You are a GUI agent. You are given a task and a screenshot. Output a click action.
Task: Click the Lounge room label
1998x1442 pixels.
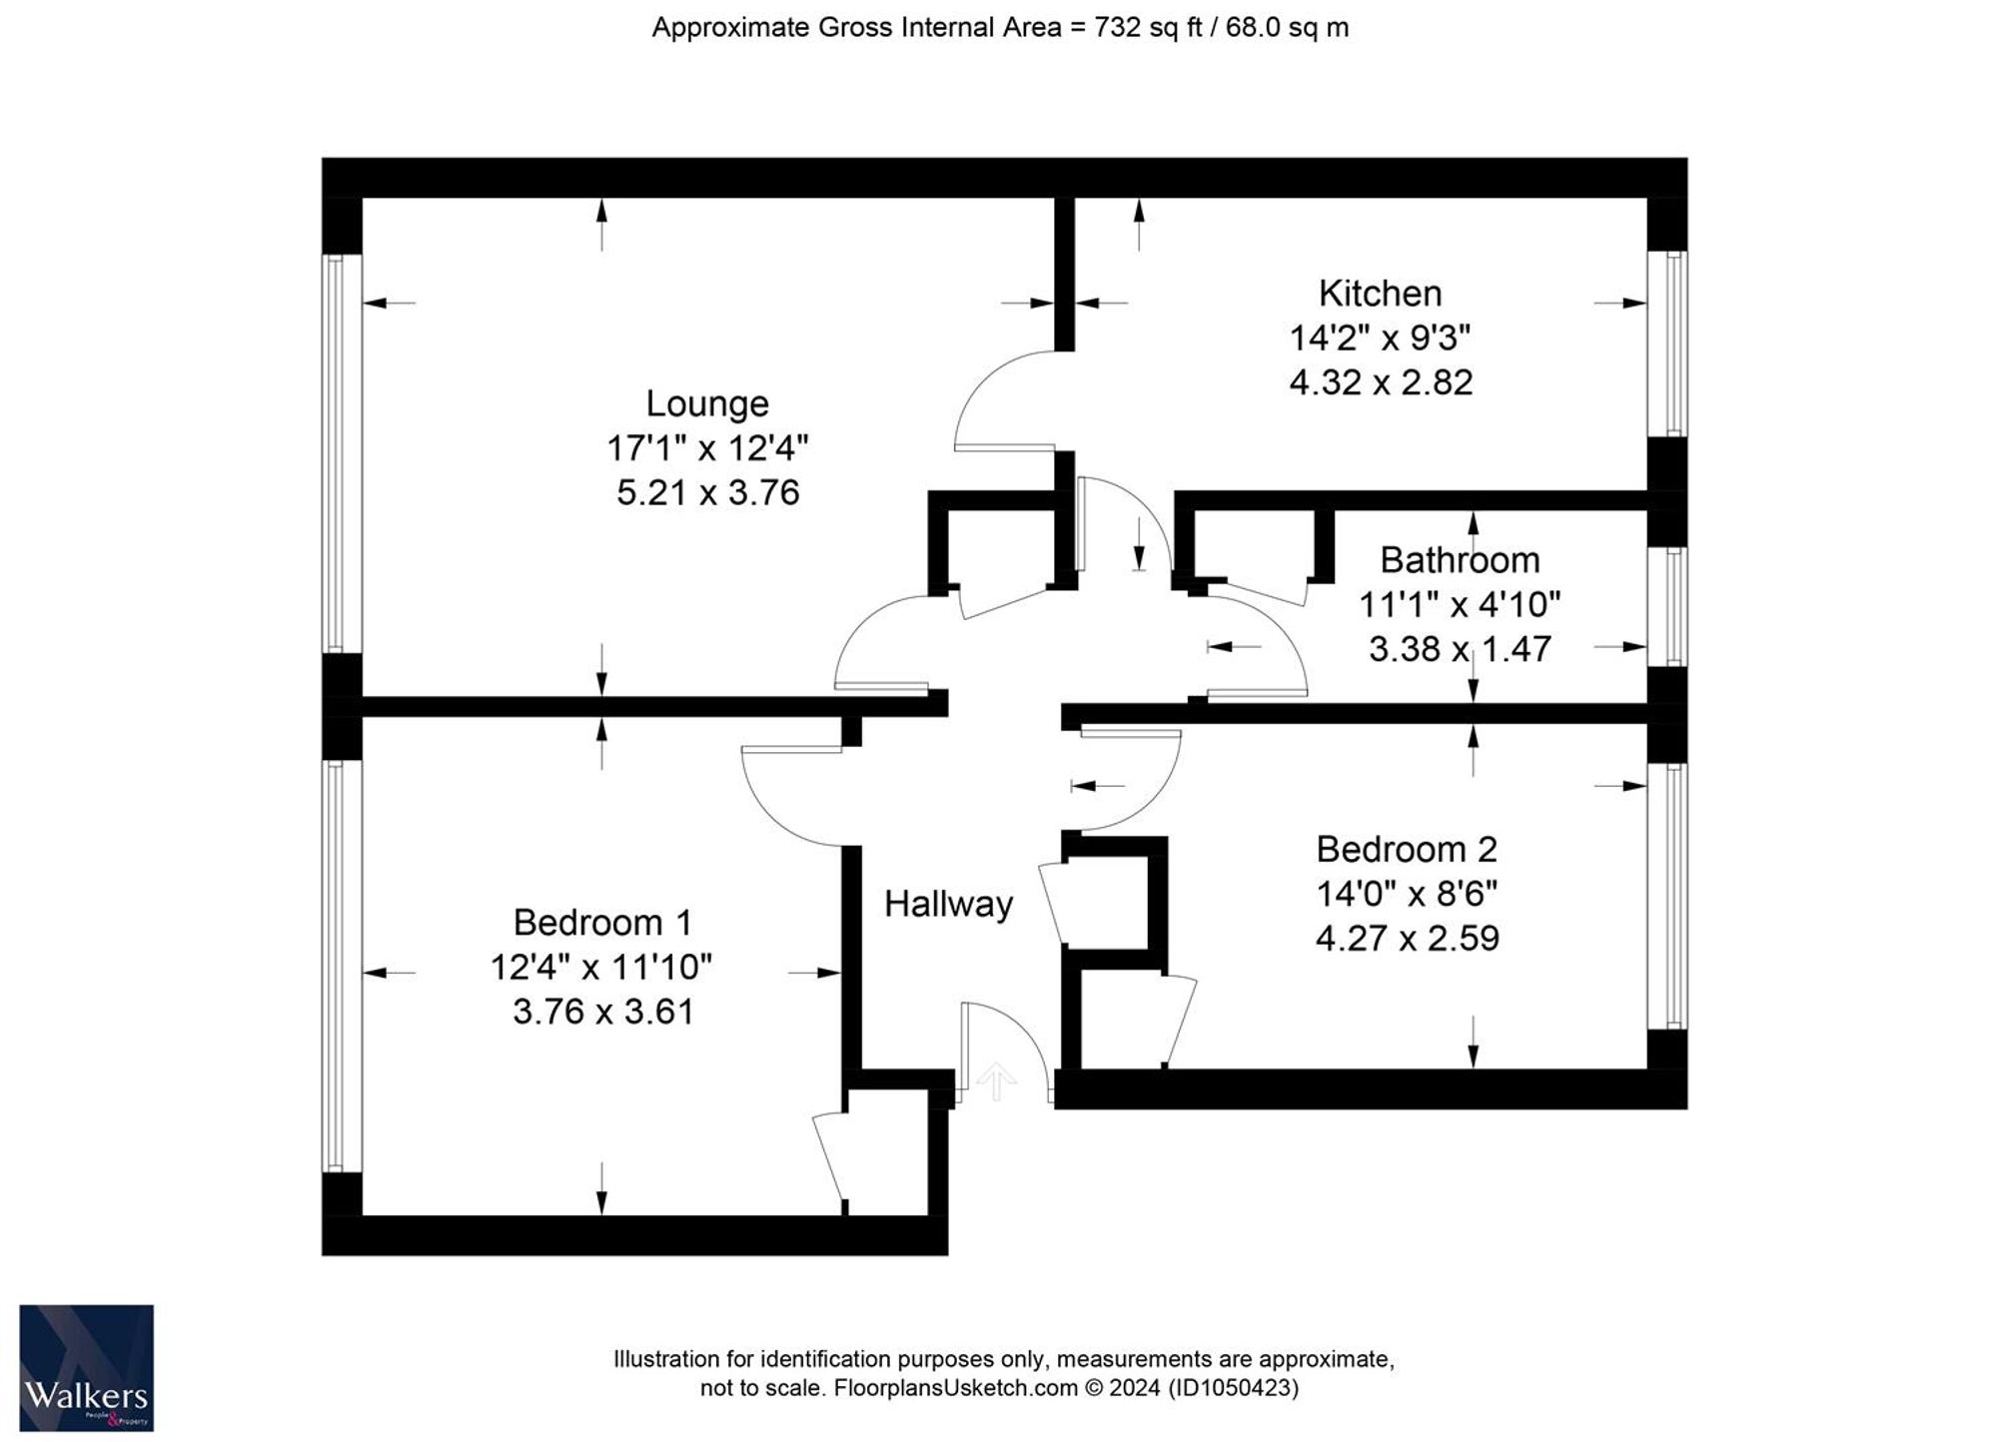click(707, 403)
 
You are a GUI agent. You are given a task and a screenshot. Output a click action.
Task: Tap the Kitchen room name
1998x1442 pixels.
click(1381, 294)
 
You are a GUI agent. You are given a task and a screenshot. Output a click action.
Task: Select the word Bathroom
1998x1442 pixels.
click(1460, 560)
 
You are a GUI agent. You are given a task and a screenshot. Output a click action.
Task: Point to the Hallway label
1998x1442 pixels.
click(949, 904)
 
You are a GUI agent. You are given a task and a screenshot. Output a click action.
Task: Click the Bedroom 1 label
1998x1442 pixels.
click(602, 922)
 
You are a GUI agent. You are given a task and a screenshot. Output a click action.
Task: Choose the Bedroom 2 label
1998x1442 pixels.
click(1407, 849)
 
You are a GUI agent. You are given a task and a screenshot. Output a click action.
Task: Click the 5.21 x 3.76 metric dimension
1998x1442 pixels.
click(707, 493)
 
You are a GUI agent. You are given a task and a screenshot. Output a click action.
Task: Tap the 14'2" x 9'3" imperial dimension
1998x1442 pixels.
click(1381, 339)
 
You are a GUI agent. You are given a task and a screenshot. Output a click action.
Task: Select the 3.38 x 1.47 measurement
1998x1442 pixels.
click(1460, 649)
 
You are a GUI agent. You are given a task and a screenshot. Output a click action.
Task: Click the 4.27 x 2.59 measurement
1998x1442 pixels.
click(1407, 939)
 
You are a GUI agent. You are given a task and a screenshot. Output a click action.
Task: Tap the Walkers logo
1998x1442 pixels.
click(86, 1368)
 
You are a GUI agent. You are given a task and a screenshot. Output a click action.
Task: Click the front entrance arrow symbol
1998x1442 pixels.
click(996, 1081)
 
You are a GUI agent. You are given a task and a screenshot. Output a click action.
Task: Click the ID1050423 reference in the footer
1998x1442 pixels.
click(1234, 1388)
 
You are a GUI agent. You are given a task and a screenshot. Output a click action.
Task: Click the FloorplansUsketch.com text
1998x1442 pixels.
click(956, 1388)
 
